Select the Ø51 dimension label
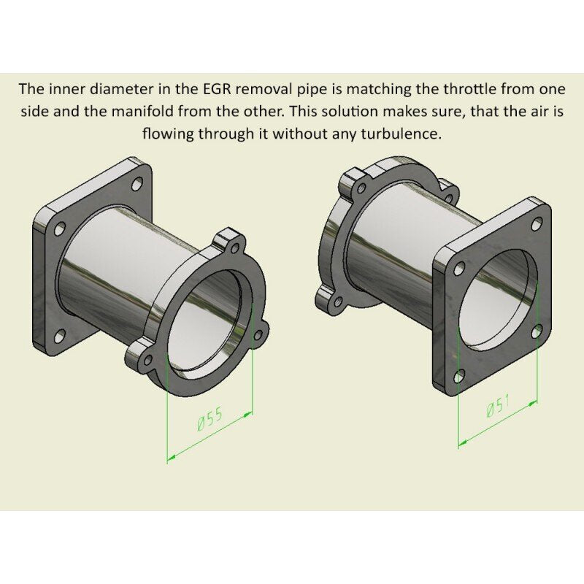[x=498, y=406]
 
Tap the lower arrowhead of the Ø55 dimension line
[x=171, y=458]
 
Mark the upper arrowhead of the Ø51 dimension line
[x=534, y=402]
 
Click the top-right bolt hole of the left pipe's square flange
[x=137, y=184]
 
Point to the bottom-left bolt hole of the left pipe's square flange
[x=59, y=337]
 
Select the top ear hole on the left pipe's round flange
[x=235, y=247]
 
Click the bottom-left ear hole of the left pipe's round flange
[x=148, y=359]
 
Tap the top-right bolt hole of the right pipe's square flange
[x=537, y=224]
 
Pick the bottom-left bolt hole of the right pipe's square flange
[x=459, y=377]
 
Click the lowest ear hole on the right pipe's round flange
[x=338, y=301]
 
